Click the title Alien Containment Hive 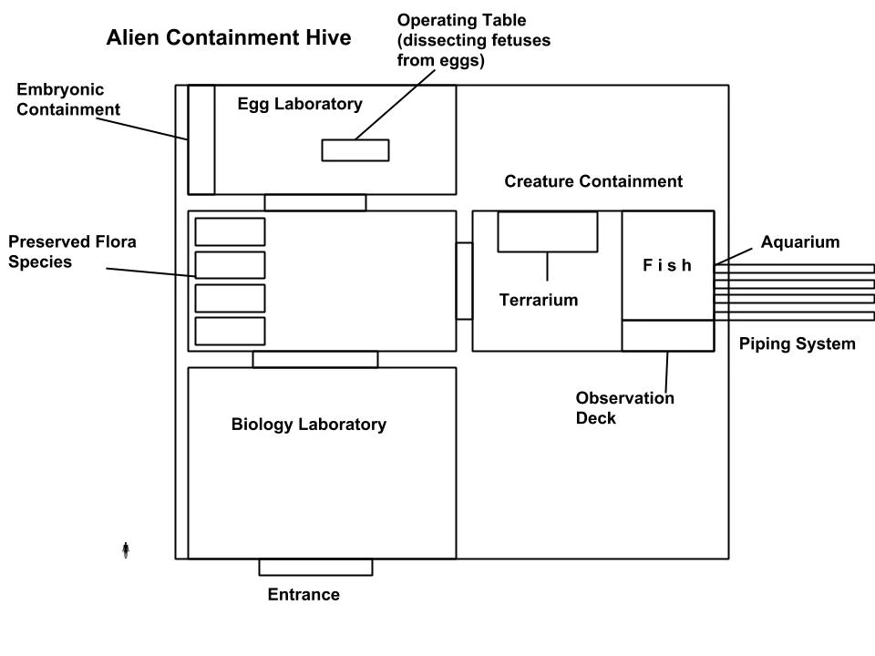pyautogui.click(x=228, y=38)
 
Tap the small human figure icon pyautogui.click(x=126, y=549)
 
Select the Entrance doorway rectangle pyautogui.click(x=315, y=568)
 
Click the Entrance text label pyautogui.click(x=304, y=595)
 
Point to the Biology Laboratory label pyautogui.click(x=308, y=425)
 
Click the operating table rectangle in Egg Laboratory pyautogui.click(x=355, y=150)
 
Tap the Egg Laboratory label pyautogui.click(x=299, y=104)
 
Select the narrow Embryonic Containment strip pyautogui.click(x=201, y=139)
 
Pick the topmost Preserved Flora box pyautogui.click(x=230, y=231)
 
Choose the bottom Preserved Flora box pyautogui.click(x=230, y=331)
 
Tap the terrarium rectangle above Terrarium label pyautogui.click(x=547, y=231)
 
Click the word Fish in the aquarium pyautogui.click(x=667, y=266)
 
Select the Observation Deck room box pyautogui.click(x=667, y=335)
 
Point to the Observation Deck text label pyautogui.click(x=624, y=408)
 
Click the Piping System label pyautogui.click(x=797, y=343)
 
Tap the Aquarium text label pyautogui.click(x=799, y=242)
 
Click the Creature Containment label pyautogui.click(x=593, y=181)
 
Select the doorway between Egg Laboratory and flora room pyautogui.click(x=315, y=202)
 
